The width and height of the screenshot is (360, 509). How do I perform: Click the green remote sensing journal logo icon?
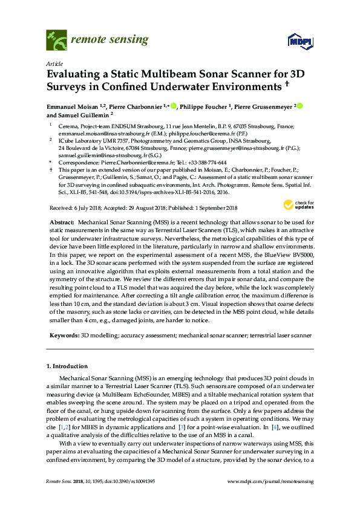click(56, 41)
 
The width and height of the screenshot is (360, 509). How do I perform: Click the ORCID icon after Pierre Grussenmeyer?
click(299, 106)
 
